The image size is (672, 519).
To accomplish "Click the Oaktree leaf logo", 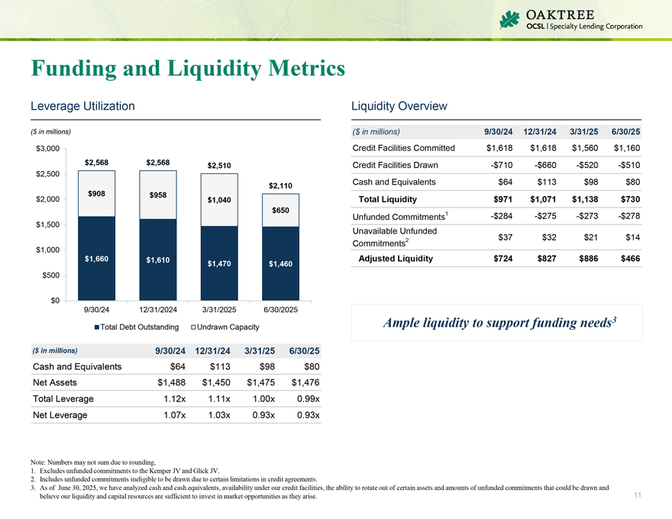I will tap(509, 19).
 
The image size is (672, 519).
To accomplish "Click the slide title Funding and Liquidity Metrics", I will tap(188, 69).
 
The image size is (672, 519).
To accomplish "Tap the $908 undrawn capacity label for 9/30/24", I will tap(96, 194).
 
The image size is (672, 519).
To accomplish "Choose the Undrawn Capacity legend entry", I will tap(226, 327).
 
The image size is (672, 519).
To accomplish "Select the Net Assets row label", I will tap(55, 382).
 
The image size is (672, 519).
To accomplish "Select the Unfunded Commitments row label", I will tap(399, 218).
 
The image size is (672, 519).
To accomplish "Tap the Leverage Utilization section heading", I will tap(82, 106).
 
